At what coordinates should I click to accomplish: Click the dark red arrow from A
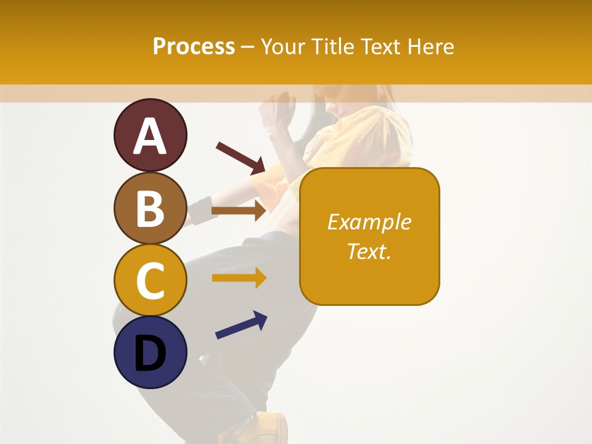point(240,157)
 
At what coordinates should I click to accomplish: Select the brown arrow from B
point(239,210)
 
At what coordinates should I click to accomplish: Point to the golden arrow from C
point(239,278)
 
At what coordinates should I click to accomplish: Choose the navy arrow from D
point(241,325)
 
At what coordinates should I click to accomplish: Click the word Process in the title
point(194,46)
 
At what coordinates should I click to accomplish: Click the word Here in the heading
point(430,46)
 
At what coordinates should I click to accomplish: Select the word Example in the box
point(369,222)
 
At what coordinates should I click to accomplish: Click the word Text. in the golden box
point(369,251)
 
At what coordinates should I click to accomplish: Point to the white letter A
point(150,136)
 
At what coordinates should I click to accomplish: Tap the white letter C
point(150,281)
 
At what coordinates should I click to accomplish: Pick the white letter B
point(150,209)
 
